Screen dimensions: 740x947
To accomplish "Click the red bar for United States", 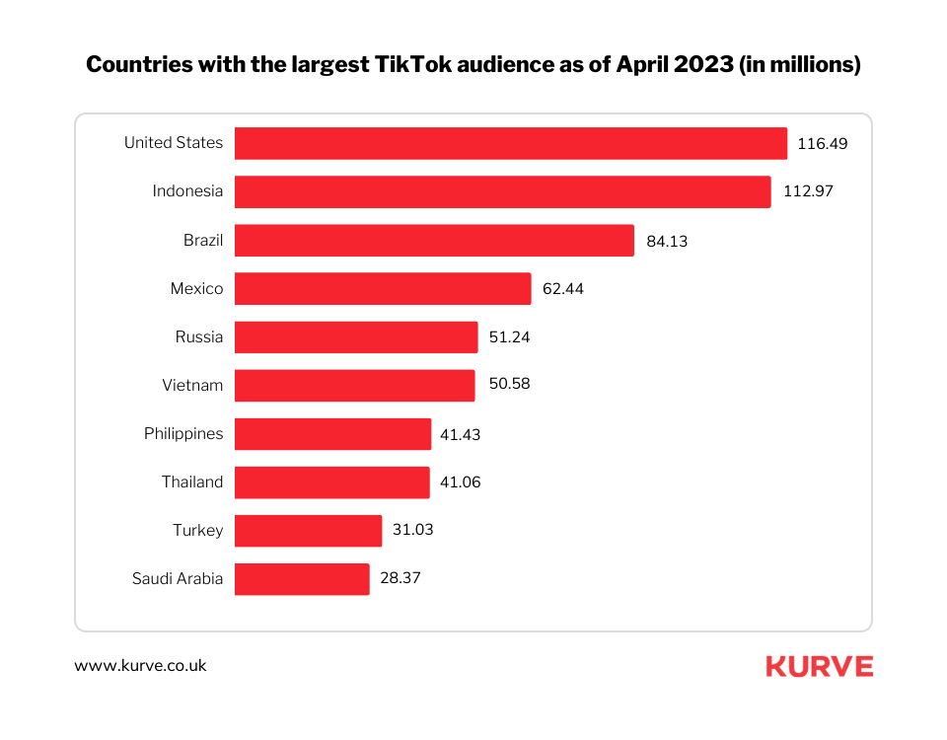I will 511,143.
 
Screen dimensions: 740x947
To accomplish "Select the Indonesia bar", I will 502,191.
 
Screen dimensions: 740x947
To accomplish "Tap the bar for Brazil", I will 434,240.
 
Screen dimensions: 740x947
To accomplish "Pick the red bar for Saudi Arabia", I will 302,579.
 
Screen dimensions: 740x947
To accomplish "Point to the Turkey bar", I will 308,531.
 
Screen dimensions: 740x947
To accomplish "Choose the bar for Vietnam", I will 354,385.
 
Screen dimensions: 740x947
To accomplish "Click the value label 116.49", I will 823,143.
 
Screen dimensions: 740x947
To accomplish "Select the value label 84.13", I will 668,240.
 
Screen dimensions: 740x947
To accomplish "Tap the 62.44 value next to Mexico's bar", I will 563,289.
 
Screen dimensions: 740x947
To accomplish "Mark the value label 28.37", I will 401,579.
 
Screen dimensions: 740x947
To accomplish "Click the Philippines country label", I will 183,434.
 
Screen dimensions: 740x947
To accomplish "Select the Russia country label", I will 199,337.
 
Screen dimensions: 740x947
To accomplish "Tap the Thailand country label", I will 192,482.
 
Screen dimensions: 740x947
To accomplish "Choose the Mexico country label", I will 196,289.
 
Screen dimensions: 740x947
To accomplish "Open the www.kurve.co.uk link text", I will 140,666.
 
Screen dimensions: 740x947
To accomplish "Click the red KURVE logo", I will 819,667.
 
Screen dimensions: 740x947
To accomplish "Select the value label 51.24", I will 510,337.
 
